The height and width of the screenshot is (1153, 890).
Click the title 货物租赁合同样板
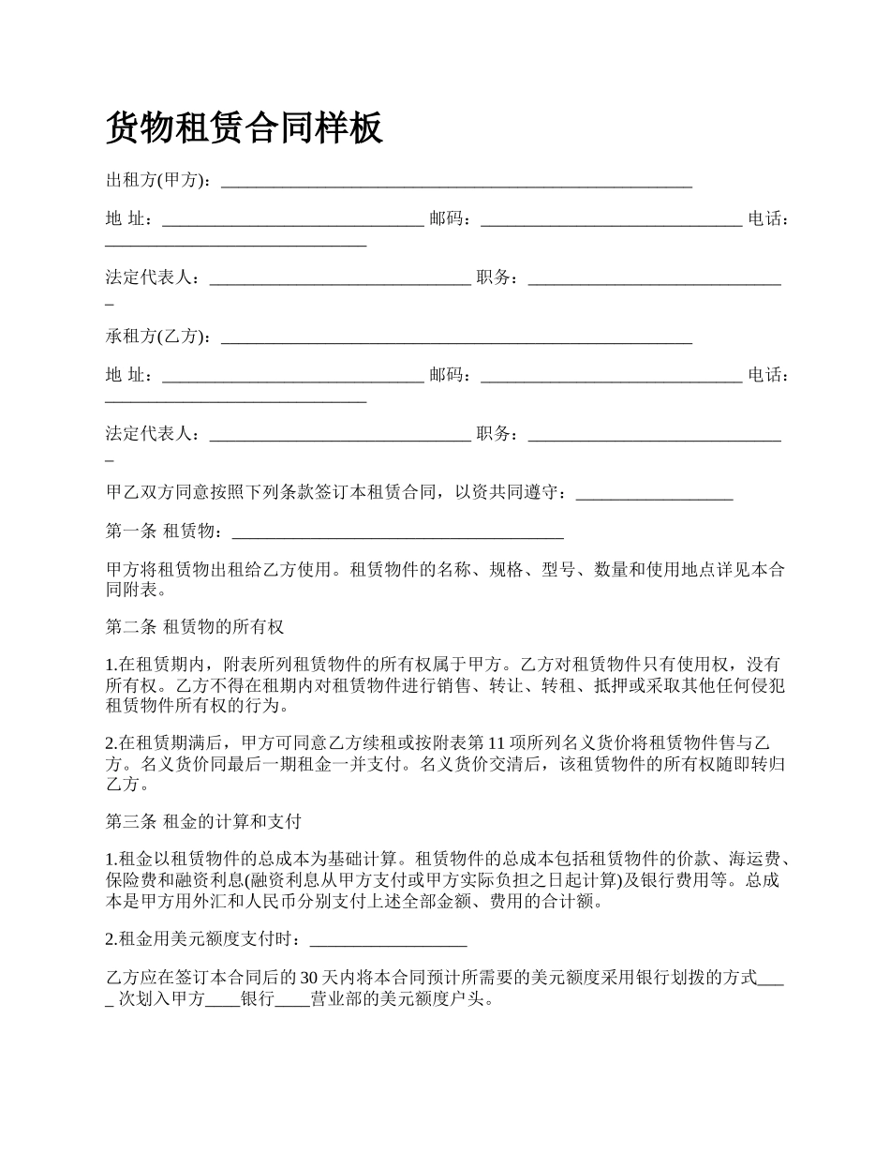245,127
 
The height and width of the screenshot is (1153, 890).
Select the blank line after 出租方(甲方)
456,183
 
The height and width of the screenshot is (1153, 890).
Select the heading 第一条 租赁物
164,532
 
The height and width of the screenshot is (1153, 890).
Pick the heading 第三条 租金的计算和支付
203,821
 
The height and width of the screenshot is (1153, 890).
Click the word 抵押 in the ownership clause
611,685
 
